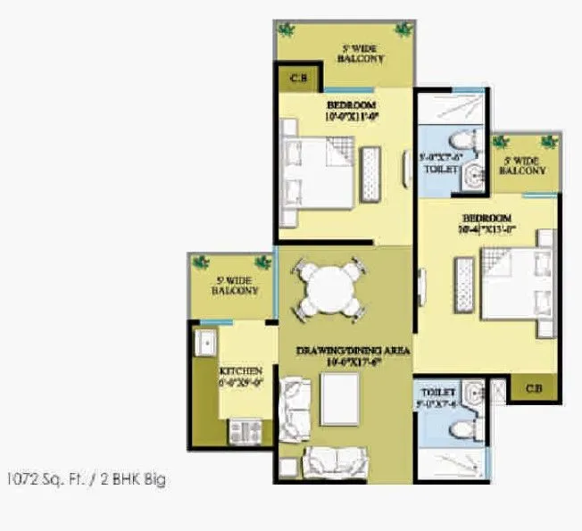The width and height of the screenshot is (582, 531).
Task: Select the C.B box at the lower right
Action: [x=533, y=388]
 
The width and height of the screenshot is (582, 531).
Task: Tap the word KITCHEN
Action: [x=241, y=370]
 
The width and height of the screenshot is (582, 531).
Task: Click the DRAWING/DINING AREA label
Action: [x=353, y=353]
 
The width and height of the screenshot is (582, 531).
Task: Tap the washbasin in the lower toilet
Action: [x=473, y=394]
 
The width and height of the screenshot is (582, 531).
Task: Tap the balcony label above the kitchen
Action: [x=235, y=286]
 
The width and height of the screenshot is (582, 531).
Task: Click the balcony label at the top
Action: [x=361, y=53]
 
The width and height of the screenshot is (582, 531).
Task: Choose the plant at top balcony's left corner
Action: [x=287, y=30]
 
